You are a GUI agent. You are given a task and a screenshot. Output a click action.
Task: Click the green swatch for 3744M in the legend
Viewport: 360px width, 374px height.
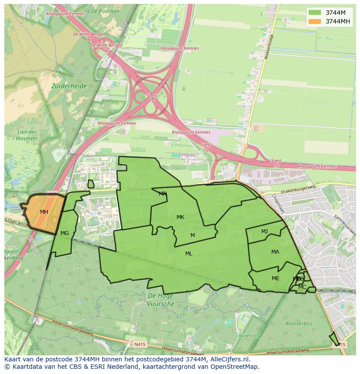pyautogui.click(x=315, y=13)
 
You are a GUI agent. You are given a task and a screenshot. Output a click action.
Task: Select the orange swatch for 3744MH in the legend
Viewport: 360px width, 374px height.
pyautogui.click(x=315, y=21)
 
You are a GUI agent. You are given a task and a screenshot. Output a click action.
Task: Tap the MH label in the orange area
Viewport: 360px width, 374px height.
pyautogui.click(x=44, y=212)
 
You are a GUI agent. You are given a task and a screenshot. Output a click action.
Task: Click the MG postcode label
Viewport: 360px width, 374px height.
pyautogui.click(x=64, y=233)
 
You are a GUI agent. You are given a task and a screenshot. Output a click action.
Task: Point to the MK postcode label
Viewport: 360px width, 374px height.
pyautogui.click(x=180, y=217)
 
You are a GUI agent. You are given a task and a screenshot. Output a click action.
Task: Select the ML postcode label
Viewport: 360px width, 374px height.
pyautogui.click(x=189, y=254)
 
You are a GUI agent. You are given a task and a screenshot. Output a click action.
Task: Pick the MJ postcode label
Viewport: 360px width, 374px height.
pyautogui.click(x=264, y=232)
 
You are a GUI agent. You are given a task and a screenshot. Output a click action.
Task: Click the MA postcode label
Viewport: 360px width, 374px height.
pyautogui.click(x=275, y=252)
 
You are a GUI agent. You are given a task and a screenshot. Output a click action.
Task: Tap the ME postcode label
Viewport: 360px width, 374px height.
pyautogui.click(x=275, y=278)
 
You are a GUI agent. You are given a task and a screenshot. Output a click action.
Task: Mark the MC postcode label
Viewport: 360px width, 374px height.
pyautogui.click(x=302, y=287)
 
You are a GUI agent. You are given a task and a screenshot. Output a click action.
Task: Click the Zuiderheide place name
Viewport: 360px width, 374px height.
pyautogui.click(x=69, y=86)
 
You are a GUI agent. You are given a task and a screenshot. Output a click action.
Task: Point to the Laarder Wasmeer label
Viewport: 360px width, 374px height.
pyautogui.click(x=27, y=136)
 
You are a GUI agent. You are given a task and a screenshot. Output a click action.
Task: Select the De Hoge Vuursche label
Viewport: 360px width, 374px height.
pyautogui.click(x=161, y=300)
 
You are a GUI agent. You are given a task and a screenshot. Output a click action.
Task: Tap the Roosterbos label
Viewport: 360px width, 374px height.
pyautogui.click(x=298, y=324)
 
